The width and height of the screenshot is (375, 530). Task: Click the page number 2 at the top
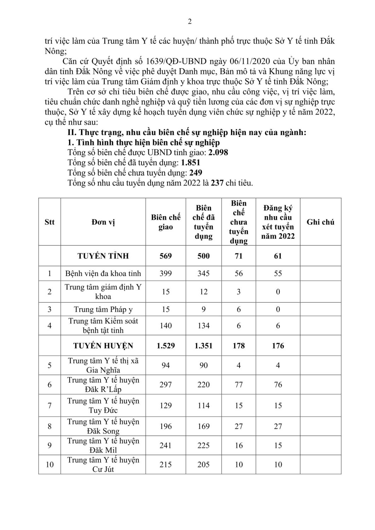[190, 22]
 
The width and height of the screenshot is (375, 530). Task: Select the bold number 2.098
[218, 153]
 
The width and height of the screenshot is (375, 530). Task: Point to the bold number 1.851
[190, 163]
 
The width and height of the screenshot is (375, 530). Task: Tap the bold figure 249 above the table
[196, 173]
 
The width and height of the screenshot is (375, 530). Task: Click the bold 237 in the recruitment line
[217, 183]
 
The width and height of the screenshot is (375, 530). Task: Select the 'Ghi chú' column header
[321, 222]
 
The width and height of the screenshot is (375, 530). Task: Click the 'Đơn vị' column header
[103, 222]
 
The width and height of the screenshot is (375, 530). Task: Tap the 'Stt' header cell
[50, 222]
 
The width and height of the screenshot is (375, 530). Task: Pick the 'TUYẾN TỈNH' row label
[103, 256]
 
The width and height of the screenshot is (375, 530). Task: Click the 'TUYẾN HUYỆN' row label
[103, 346]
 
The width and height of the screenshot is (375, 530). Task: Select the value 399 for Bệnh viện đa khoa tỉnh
[166, 273]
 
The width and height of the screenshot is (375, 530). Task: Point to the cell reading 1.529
[166, 346]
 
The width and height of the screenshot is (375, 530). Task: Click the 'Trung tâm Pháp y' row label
[103, 310]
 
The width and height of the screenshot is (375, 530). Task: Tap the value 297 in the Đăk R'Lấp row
[166, 384]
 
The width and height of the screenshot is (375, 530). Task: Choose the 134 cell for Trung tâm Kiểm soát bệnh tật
[203, 325]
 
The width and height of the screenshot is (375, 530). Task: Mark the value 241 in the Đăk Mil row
[166, 446]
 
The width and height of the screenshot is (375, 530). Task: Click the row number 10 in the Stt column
[50, 464]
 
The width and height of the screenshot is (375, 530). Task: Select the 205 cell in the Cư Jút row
[203, 464]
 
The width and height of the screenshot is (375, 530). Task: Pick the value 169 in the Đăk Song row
[203, 426]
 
